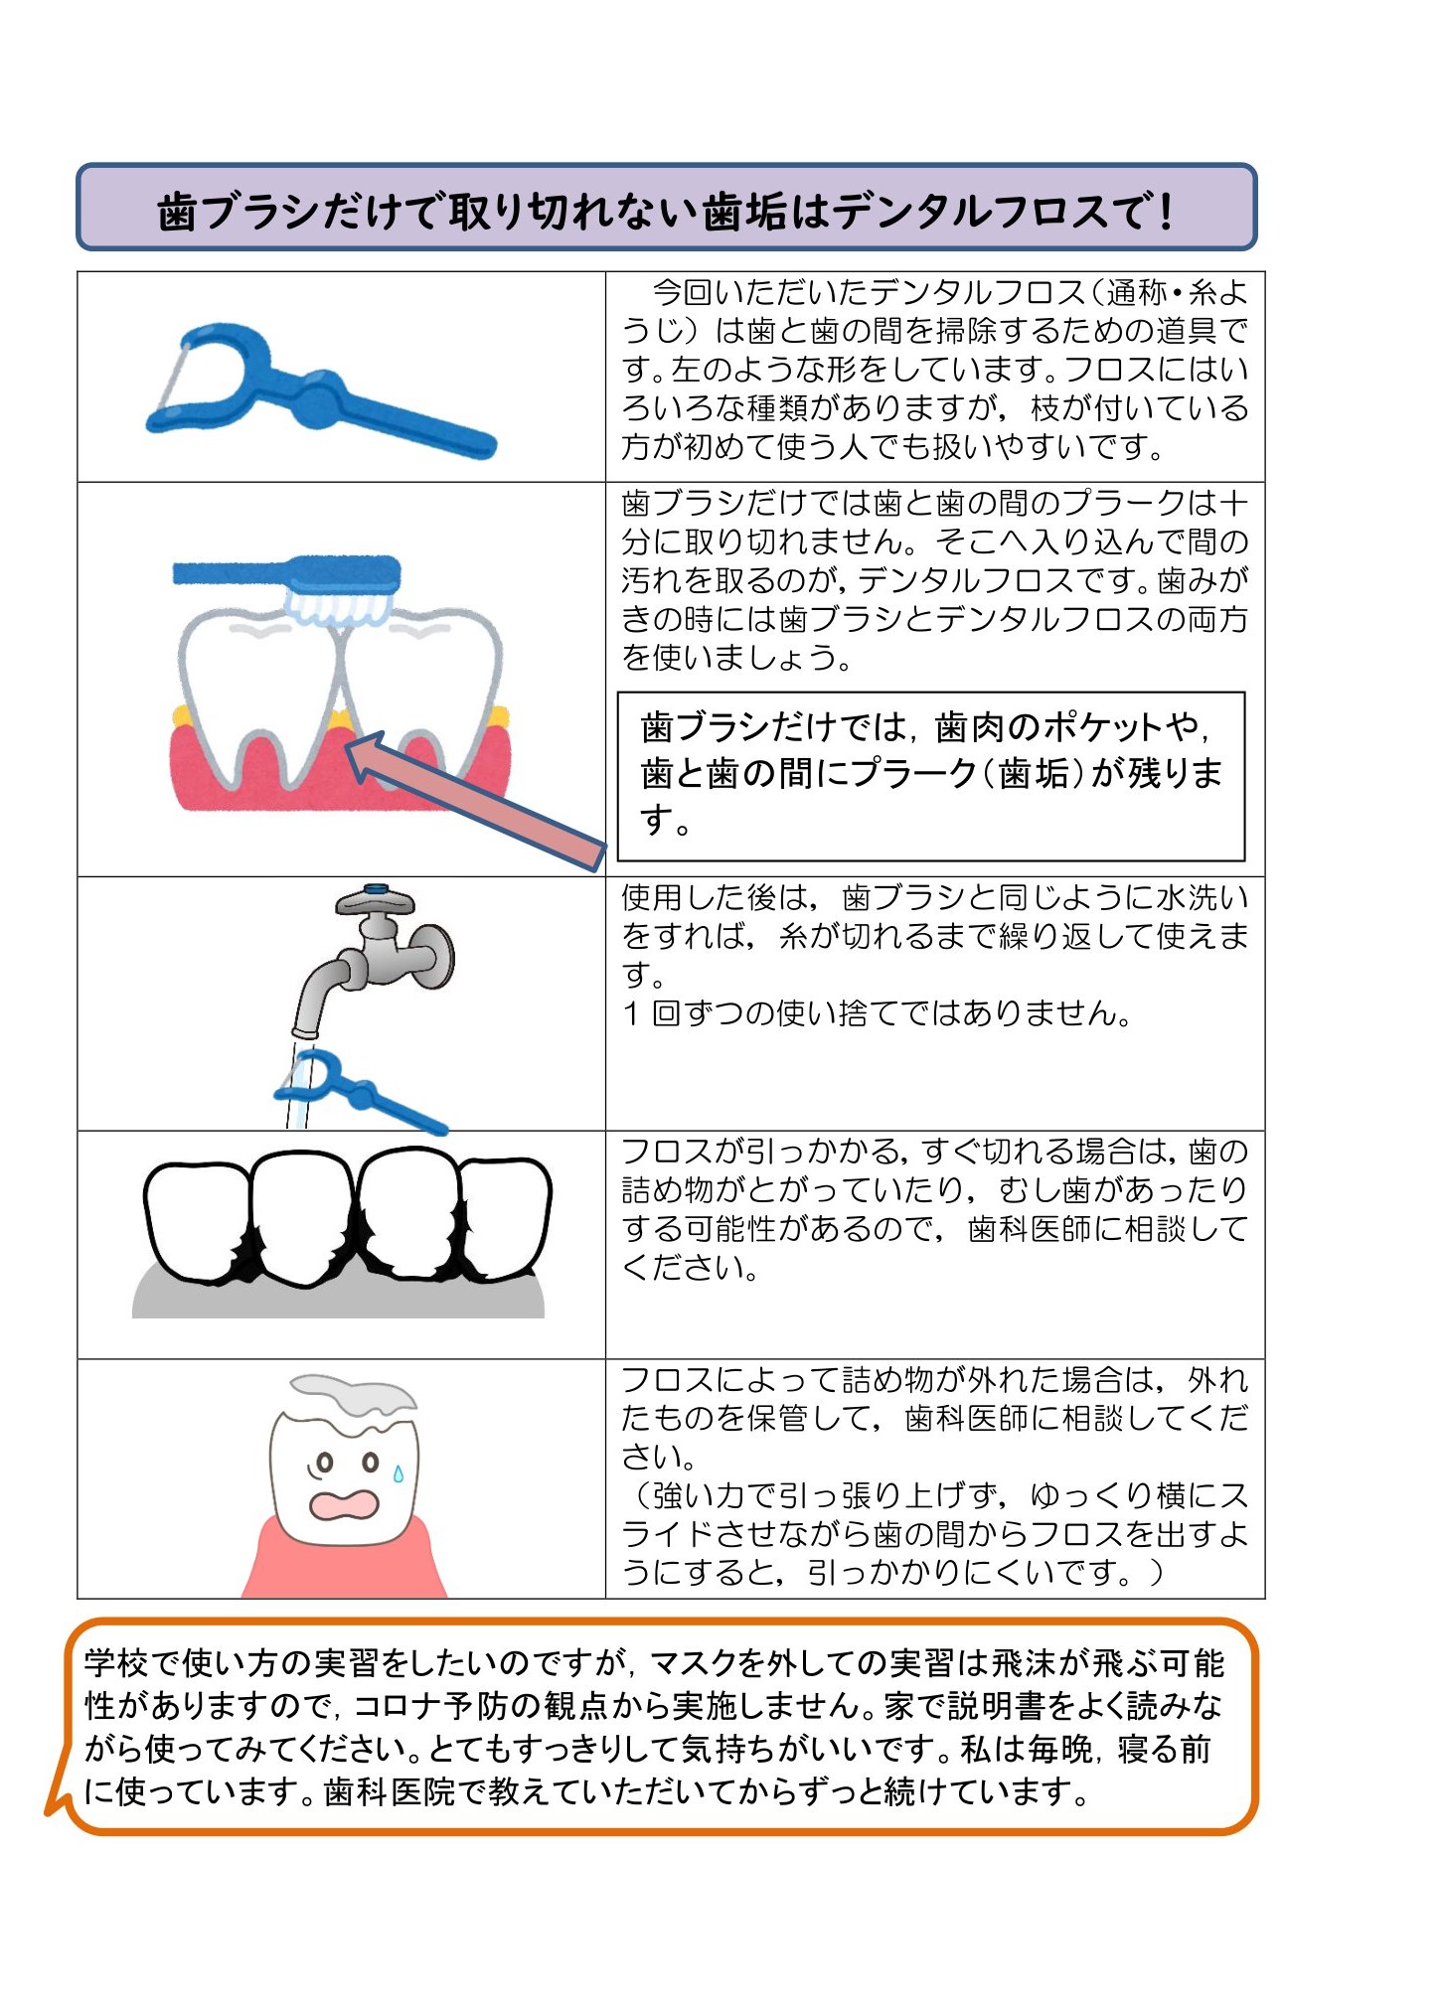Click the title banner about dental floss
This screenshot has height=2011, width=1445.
(667, 208)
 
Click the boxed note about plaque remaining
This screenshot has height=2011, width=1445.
(931, 776)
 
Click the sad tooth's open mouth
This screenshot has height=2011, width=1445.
(344, 1504)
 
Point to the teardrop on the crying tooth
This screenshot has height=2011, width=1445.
(399, 1472)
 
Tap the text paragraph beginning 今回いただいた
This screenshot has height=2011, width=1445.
(934, 370)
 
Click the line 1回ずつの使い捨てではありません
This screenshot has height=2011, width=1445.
(877, 1013)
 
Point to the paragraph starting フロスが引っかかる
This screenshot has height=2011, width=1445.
(934, 1209)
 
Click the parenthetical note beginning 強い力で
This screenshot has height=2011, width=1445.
(934, 1534)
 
